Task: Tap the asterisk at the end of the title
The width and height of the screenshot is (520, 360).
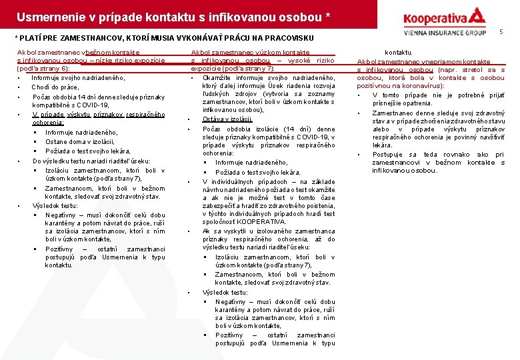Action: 328,14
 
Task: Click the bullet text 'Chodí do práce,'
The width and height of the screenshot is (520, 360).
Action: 56,87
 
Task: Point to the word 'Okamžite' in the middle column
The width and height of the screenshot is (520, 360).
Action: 217,78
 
